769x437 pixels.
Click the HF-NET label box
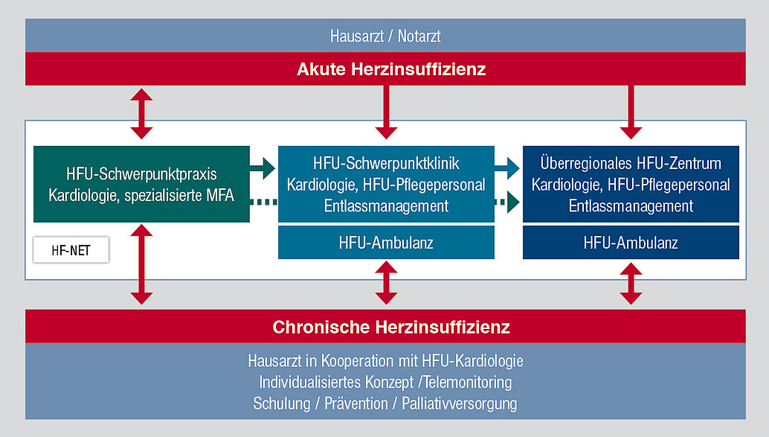[71, 250]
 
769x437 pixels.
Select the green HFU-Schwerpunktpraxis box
[141, 184]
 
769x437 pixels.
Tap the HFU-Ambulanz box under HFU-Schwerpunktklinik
[386, 243]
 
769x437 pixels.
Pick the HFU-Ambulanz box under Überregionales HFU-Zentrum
[631, 243]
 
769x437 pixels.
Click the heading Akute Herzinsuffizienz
[391, 69]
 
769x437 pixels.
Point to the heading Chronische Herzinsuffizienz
[391, 327]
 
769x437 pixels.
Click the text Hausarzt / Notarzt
[385, 36]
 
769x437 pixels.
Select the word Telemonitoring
[468, 382]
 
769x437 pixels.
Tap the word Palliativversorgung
[460, 403]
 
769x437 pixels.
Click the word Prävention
[356, 403]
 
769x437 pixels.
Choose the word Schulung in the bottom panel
[282, 403]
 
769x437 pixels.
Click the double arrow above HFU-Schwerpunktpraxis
[141, 113]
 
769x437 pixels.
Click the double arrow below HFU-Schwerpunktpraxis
[141, 264]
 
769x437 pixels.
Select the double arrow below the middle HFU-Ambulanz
[386, 283]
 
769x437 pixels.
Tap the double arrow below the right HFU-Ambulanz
[631, 284]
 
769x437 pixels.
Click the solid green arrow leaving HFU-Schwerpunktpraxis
[263, 168]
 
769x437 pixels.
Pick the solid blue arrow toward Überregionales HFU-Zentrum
[507, 168]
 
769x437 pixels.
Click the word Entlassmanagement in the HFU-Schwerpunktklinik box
[386, 205]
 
